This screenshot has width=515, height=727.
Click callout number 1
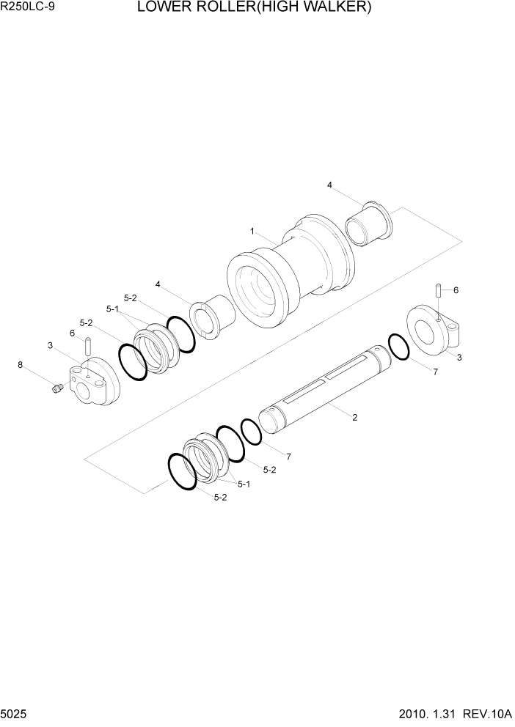point(252,231)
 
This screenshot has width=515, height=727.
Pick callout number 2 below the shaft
point(354,418)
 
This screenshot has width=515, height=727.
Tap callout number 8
point(20,364)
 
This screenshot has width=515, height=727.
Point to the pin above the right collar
point(439,291)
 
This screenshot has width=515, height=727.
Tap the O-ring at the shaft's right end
point(398,347)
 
